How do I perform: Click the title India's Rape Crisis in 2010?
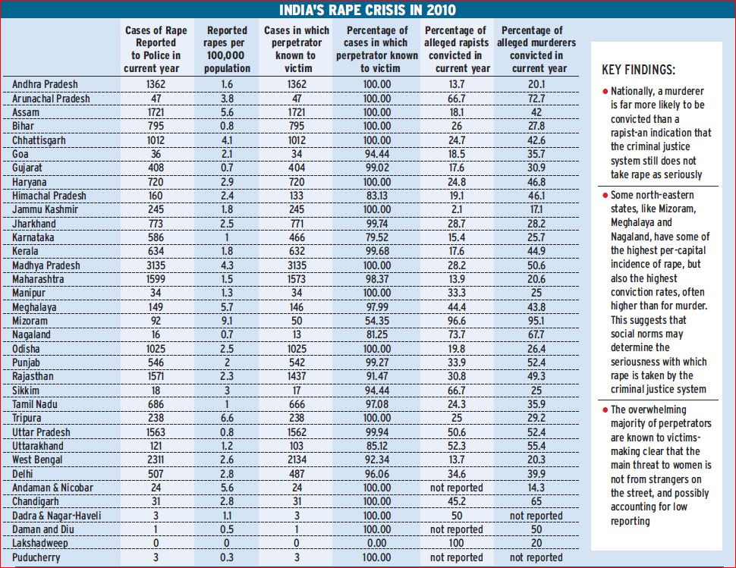pos(368,10)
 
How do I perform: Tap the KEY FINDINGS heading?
pos(638,70)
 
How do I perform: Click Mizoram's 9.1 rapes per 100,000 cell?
pos(227,321)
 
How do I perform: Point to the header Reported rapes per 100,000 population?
pos(227,49)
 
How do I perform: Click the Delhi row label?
pos(25,474)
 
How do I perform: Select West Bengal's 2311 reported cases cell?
pos(151,460)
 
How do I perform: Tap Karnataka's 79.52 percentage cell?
pos(376,237)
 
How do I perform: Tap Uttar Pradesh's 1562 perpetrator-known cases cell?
pos(297,432)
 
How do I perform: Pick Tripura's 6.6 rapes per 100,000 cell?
pos(227,419)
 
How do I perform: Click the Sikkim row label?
pos(27,391)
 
